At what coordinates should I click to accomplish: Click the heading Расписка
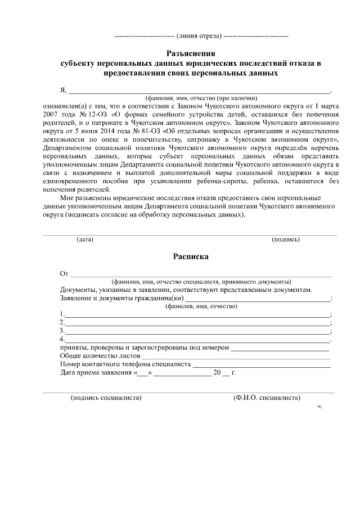[190, 256]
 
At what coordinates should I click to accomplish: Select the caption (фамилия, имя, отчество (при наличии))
[201, 97]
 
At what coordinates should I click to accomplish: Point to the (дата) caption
[85, 239]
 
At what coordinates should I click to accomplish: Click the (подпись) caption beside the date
[286, 239]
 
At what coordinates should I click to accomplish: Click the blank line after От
[200, 274]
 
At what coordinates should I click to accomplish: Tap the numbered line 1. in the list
[197, 314]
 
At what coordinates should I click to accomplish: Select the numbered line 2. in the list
[197, 323]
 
